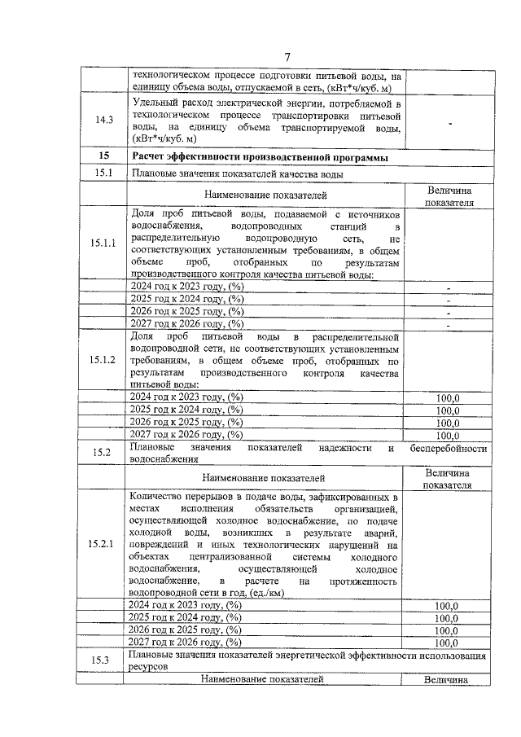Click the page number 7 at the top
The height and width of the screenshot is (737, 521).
click(287, 56)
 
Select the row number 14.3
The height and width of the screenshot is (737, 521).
click(103, 121)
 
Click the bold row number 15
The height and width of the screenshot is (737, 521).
click(103, 156)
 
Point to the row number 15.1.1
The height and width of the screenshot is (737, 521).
click(103, 243)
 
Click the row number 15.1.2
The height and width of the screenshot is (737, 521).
click(103, 359)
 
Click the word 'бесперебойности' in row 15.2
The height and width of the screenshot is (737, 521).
click(449, 449)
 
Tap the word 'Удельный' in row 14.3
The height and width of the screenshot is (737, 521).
click(156, 104)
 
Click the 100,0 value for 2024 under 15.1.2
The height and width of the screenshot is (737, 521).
click(448, 397)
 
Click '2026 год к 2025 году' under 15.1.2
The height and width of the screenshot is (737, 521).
click(187, 422)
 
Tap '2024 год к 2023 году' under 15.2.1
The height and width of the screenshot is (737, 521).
click(186, 605)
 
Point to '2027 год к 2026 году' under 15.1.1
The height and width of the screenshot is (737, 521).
click(187, 323)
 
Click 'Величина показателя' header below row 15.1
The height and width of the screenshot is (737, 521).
click(449, 196)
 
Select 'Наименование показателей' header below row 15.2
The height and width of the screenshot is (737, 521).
click(265, 478)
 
